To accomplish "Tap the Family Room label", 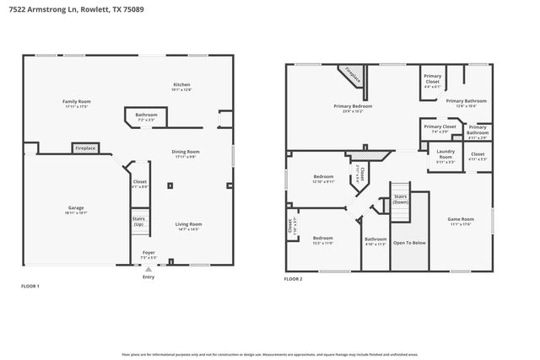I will click(x=77, y=103).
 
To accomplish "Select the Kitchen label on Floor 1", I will click(x=181, y=86).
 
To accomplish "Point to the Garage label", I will click(x=77, y=209).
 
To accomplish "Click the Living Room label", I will click(x=188, y=225).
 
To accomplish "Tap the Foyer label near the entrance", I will click(x=148, y=253).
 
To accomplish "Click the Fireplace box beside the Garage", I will click(x=85, y=148).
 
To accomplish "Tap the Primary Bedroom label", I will click(x=353, y=107).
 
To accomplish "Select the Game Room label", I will click(x=461, y=221).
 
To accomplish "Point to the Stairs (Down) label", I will click(x=402, y=200).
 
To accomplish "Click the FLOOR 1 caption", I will click(x=30, y=287).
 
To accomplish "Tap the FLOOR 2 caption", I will click(x=293, y=278).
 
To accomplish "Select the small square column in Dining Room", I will click(x=170, y=185).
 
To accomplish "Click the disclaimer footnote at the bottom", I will click(x=270, y=355).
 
